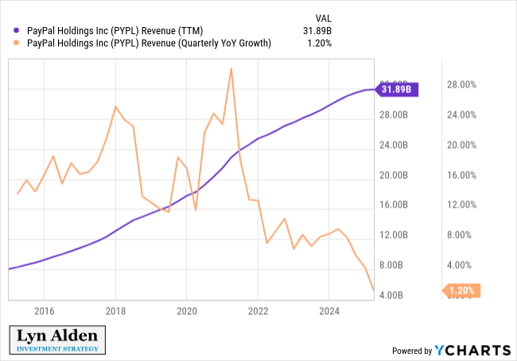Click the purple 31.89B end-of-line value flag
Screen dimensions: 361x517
coord(398,90)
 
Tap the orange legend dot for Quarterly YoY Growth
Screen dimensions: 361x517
coord(8,44)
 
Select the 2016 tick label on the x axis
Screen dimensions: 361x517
coord(45,311)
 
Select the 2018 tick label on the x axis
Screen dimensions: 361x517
coord(116,311)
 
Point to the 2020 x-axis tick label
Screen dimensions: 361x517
coord(187,311)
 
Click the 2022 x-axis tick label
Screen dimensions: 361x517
coord(258,311)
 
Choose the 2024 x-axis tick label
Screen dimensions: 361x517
coord(328,311)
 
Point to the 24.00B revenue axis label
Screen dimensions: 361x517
coord(392,146)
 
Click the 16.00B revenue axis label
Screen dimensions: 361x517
coord(392,205)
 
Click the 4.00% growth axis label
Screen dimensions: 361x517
coord(461,266)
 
